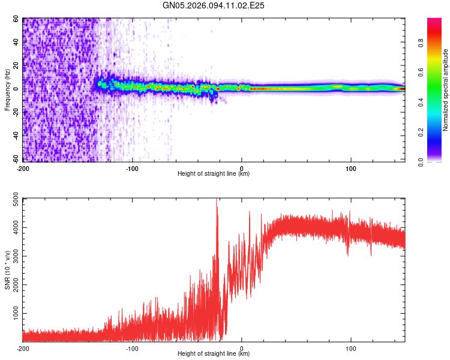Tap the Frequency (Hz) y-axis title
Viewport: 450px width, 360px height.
[x=7, y=89]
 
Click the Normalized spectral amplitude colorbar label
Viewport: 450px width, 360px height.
[x=446, y=90]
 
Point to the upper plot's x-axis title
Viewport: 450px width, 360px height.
[x=214, y=173]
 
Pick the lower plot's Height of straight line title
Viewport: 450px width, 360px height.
[x=214, y=353]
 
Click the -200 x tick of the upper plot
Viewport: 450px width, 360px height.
[x=23, y=168]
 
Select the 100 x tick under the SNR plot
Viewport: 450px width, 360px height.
[x=351, y=348]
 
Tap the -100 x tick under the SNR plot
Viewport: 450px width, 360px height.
[x=132, y=348]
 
